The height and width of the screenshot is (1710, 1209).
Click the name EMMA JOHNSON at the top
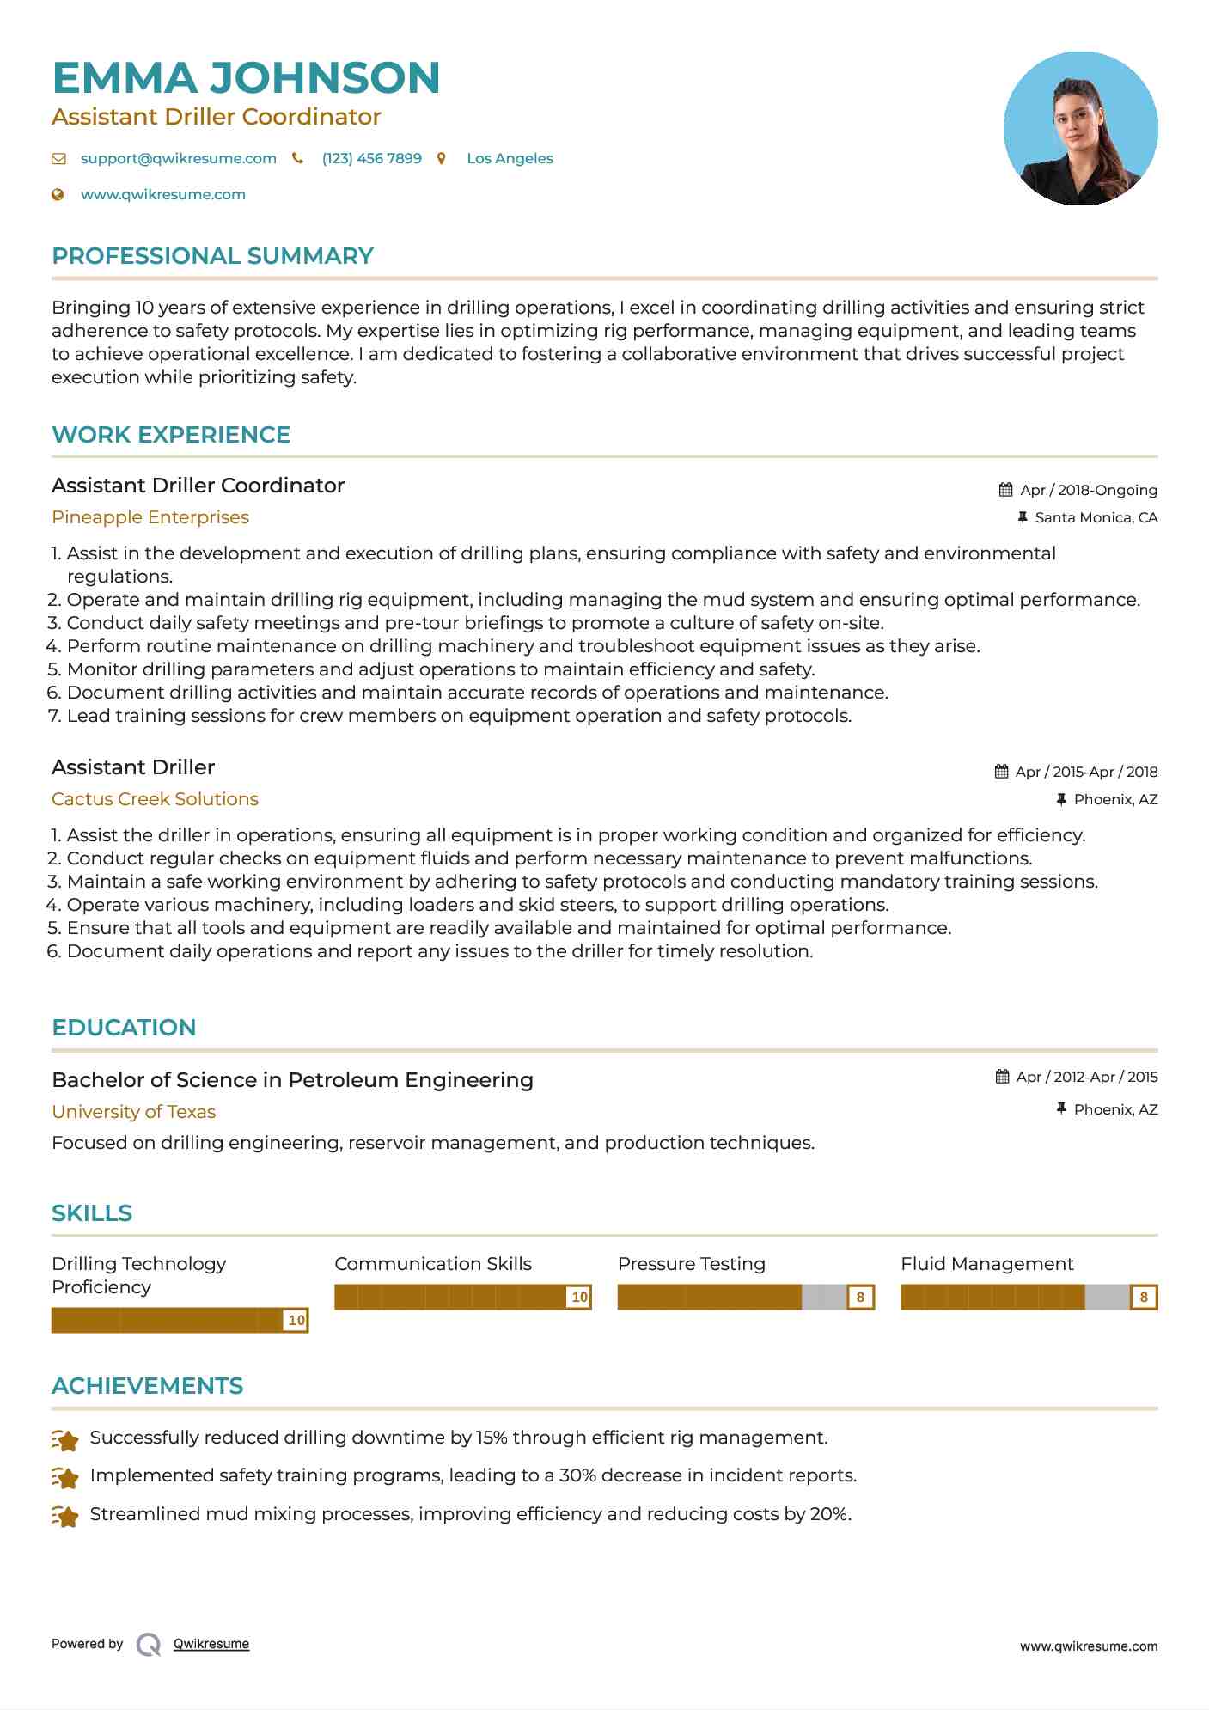point(246,77)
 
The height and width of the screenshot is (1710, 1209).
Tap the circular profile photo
point(1080,129)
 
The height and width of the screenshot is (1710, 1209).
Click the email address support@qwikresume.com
point(178,158)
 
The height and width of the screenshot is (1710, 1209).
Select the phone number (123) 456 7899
point(371,158)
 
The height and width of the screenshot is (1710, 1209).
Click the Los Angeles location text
point(510,158)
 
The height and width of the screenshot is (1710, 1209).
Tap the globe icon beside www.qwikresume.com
point(58,194)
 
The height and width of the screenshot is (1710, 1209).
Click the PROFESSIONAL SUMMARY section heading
point(212,256)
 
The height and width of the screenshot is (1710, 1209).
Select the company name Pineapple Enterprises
point(150,517)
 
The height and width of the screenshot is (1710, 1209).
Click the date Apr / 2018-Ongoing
point(1088,490)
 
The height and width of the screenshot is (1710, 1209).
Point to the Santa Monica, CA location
point(1096,517)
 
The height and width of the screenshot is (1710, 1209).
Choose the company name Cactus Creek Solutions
point(155,799)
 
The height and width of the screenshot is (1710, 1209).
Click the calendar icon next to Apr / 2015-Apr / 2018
point(1001,772)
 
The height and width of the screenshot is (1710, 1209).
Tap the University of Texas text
point(133,1112)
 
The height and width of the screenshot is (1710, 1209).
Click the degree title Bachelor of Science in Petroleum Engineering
point(292,1080)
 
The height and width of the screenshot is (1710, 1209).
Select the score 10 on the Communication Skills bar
point(579,1297)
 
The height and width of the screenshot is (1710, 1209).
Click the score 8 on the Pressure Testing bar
point(860,1297)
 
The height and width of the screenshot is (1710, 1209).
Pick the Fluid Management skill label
point(986,1264)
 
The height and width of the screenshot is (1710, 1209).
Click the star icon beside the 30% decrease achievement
point(65,1476)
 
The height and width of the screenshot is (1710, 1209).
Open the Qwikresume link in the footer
point(211,1644)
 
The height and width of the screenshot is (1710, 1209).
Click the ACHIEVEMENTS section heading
point(147,1386)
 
